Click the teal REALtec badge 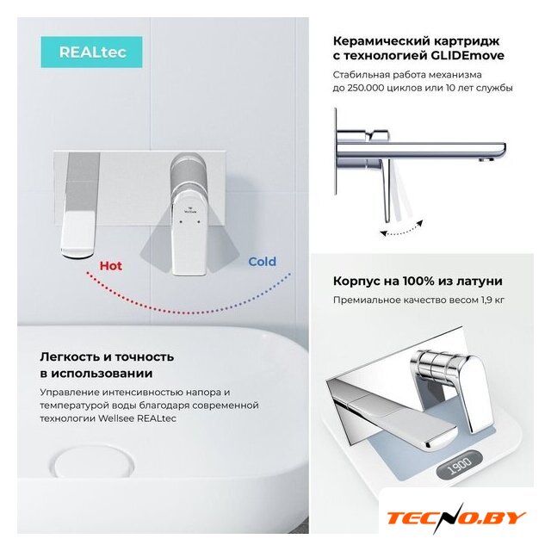click(91, 52)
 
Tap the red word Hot click(111, 266)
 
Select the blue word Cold click(262, 262)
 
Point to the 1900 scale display click(460, 466)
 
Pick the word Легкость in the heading click(71, 357)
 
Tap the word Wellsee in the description click(116, 418)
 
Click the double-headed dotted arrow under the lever click(402, 228)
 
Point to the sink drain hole click(92, 465)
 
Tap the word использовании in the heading click(102, 374)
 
